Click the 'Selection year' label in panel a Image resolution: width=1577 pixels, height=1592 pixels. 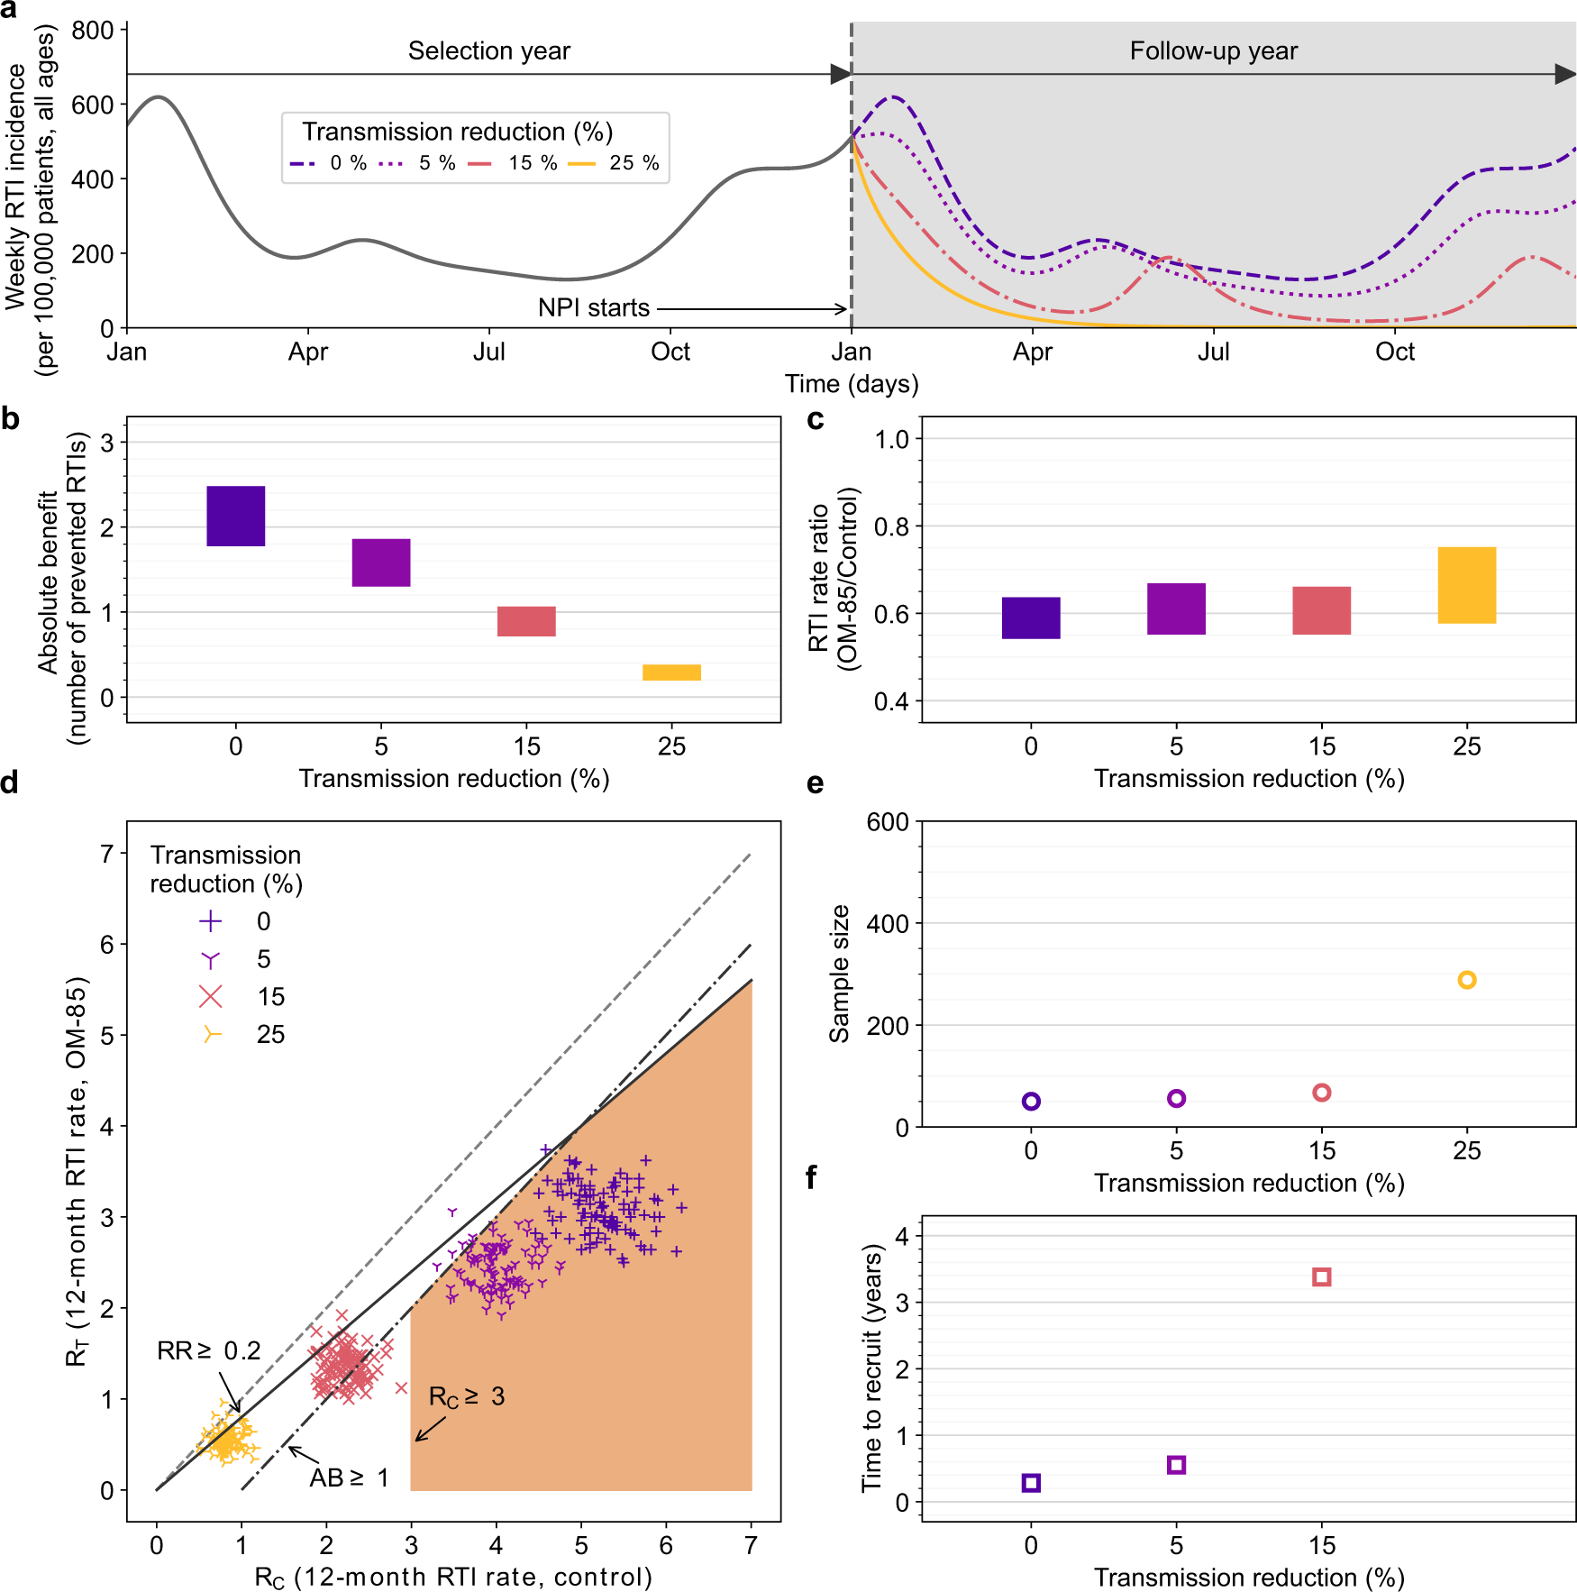click(x=488, y=50)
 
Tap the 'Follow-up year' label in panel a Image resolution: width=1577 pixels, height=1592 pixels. click(x=1213, y=50)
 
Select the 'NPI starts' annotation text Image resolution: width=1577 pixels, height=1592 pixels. click(x=593, y=308)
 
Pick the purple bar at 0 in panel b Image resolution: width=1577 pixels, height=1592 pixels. click(x=236, y=516)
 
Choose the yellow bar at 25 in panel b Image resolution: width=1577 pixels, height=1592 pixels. click(x=671, y=672)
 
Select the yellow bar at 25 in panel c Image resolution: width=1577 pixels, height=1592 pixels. click(x=1466, y=585)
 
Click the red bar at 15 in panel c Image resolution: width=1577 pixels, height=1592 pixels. click(x=1321, y=610)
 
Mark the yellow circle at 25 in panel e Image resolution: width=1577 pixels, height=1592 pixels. click(x=1466, y=980)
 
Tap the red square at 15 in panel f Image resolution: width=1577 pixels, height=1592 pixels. click(x=1321, y=1276)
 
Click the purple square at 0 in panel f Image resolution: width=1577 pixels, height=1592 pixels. click(x=1031, y=1483)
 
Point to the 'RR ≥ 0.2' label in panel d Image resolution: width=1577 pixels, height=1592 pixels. click(x=208, y=1350)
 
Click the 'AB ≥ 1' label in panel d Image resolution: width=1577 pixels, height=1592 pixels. click(x=349, y=1478)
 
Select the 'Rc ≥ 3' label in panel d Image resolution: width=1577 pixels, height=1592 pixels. click(x=466, y=1397)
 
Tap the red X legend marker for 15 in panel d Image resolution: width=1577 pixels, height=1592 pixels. click(x=211, y=996)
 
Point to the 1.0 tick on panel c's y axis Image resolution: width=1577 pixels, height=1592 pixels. click(x=892, y=439)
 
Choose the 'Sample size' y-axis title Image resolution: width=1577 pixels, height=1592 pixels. click(x=840, y=974)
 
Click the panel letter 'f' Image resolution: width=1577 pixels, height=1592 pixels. click(x=812, y=1176)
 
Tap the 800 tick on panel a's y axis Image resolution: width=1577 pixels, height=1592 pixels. click(x=93, y=31)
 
